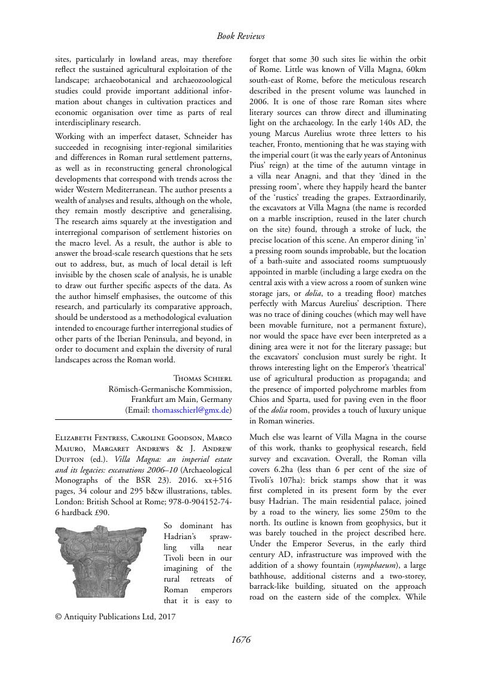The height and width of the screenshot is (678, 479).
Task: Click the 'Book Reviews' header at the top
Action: coord(240,36)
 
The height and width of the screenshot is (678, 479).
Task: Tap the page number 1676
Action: coord(240,640)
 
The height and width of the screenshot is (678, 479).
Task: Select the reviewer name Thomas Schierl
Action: coord(202,378)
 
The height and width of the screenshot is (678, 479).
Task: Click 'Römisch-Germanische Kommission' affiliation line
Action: coord(170,389)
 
